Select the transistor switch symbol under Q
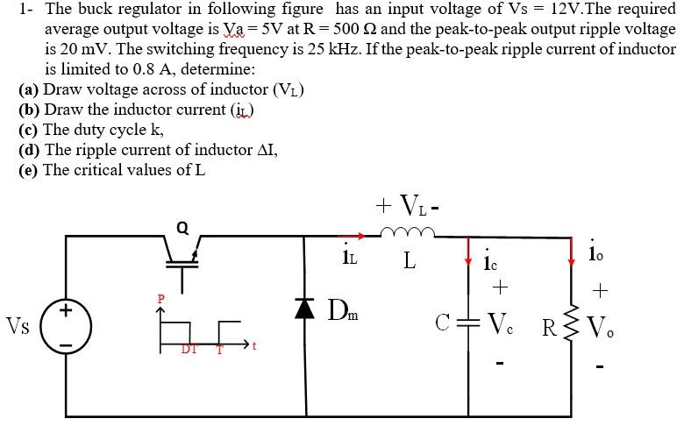click(x=183, y=258)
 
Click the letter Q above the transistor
click(x=182, y=227)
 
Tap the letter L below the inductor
click(x=410, y=261)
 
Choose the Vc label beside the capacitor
click(x=502, y=326)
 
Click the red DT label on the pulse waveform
click(x=188, y=350)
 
